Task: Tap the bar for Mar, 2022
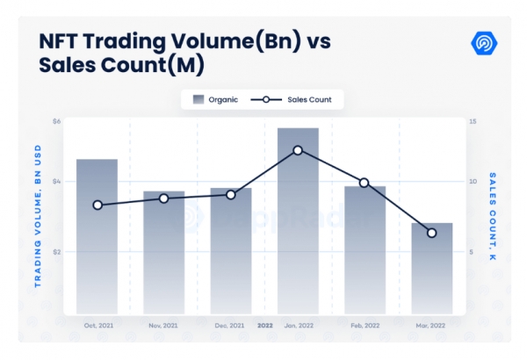431,268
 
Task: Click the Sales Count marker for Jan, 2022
298,150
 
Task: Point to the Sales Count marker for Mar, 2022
431,233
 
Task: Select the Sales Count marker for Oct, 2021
97,205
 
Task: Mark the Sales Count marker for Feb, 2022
365,183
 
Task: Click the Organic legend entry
215,100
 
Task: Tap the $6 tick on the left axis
57,120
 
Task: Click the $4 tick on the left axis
57,182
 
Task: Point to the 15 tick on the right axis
472,120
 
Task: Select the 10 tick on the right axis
472,182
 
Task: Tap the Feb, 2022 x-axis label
365,325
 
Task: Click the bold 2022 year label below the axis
264,325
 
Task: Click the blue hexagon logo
483,43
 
